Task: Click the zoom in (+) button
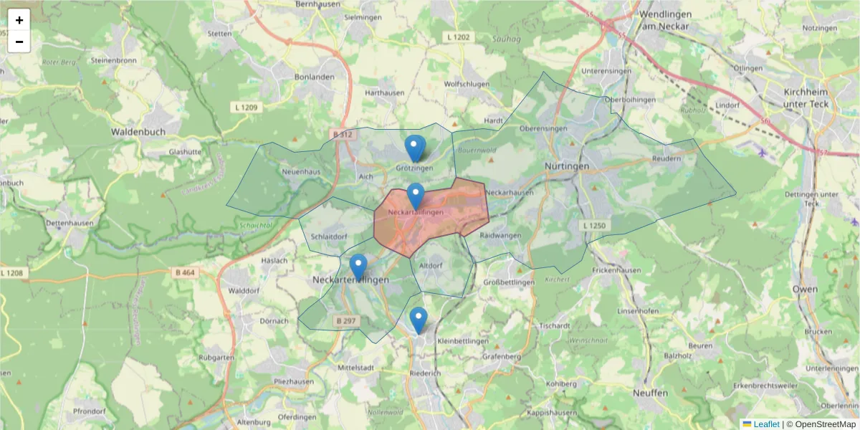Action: (x=19, y=20)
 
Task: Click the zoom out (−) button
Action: (x=19, y=42)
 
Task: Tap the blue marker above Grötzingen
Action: (x=414, y=148)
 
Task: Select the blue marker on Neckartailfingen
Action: (x=416, y=196)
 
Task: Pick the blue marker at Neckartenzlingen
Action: (x=358, y=267)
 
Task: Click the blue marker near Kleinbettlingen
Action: (x=419, y=320)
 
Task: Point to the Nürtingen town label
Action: (x=566, y=166)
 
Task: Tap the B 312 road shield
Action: (x=343, y=134)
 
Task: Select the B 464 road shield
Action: (x=184, y=272)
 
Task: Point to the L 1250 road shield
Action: (x=593, y=226)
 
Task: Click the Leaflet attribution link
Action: (x=766, y=424)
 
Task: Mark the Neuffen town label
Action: (x=650, y=393)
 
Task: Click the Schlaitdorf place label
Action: (x=329, y=236)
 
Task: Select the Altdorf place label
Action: (x=431, y=265)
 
